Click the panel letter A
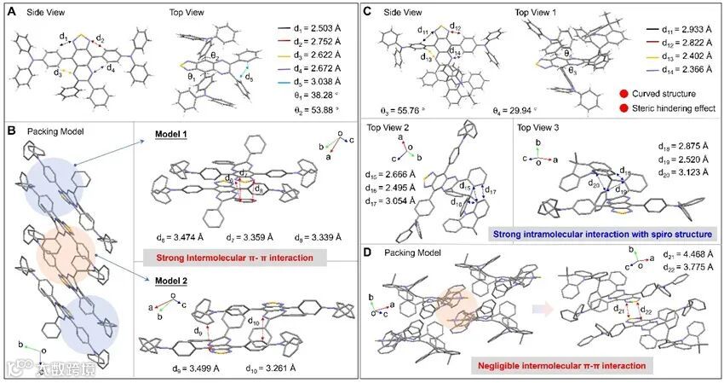pos(9,12)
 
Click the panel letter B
pos(9,133)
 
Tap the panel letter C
pos(367,12)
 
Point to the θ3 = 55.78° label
pos(397,111)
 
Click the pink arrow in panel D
pos(527,302)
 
